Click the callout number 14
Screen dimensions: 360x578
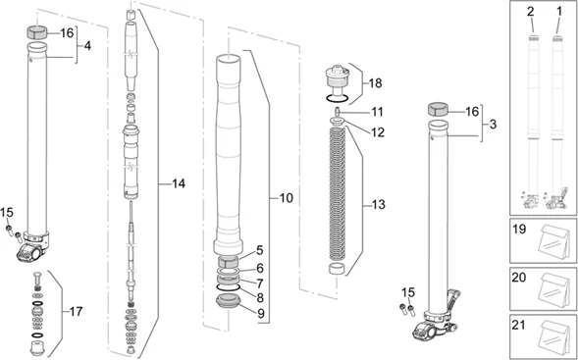point(178,183)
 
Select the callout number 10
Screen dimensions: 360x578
point(286,198)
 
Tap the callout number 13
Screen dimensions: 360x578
point(379,205)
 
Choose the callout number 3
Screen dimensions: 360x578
point(494,125)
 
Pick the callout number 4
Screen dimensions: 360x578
point(87,46)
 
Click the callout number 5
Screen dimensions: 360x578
point(260,250)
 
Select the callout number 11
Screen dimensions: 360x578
point(378,112)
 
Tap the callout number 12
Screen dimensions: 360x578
point(378,130)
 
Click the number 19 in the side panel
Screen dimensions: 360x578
point(520,231)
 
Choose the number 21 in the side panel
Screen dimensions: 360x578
point(520,324)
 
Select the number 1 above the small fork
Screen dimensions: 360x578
point(560,11)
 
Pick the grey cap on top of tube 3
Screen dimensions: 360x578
point(439,110)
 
